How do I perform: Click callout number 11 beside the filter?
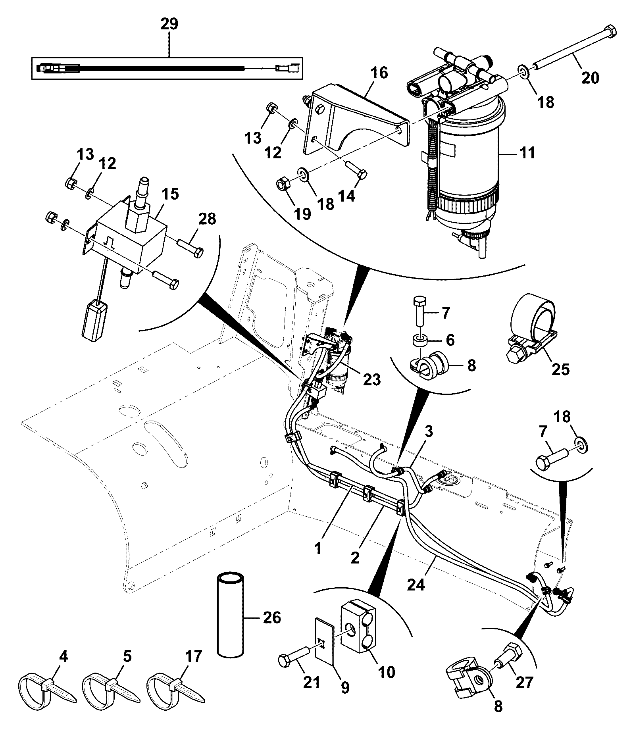pyautogui.click(x=527, y=152)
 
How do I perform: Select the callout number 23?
pyautogui.click(x=371, y=379)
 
